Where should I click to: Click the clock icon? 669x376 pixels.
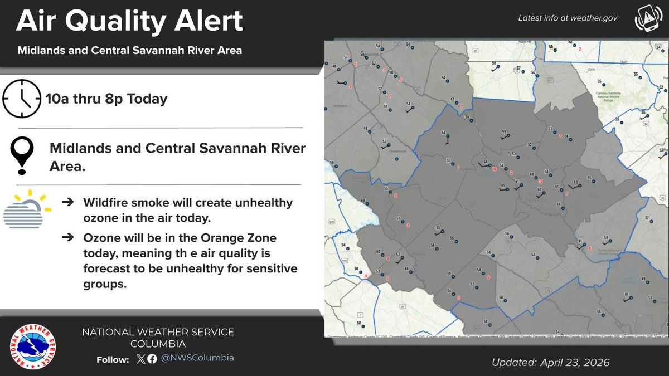22,99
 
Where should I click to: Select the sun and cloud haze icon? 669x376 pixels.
26,211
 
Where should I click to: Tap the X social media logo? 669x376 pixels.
140,359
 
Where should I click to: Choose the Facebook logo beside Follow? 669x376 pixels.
152,359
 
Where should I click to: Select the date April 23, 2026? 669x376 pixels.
575,363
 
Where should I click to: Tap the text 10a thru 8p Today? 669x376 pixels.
108,99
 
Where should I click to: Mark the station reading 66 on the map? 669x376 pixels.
485,162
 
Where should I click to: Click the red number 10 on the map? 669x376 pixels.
494,169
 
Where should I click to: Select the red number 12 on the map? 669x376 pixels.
540,182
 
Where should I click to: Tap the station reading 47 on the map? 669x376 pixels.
452,99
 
